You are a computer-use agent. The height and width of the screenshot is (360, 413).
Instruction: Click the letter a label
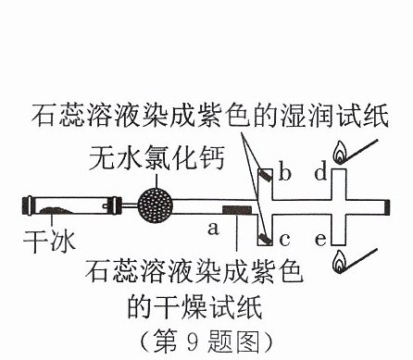tap(213, 229)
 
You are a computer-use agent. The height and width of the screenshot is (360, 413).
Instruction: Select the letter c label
tap(284, 240)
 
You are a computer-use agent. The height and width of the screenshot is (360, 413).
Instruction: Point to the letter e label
tap(320, 240)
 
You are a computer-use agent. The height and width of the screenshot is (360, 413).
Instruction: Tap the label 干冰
tap(49, 241)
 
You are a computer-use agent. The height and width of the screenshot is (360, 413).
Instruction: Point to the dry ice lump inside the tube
tap(56, 210)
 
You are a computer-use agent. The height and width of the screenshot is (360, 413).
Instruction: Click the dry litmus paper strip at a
tap(237, 210)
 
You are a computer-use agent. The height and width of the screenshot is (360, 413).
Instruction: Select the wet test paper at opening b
tap(266, 175)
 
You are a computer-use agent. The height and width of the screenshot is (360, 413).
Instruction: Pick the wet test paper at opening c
tap(265, 239)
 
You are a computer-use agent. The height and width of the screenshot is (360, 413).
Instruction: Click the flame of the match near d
tap(340, 153)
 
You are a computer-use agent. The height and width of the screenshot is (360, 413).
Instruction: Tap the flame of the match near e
tap(340, 262)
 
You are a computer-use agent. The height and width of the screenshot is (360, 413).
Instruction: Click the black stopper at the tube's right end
tap(387, 207)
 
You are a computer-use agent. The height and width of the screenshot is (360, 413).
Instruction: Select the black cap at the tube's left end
tap(28, 205)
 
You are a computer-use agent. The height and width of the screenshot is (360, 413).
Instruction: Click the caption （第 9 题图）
tap(206, 341)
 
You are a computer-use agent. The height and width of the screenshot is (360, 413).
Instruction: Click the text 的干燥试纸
tap(194, 307)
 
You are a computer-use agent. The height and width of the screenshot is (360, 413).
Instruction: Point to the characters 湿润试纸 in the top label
tap(334, 116)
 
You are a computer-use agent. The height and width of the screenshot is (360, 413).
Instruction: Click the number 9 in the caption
tap(192, 341)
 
